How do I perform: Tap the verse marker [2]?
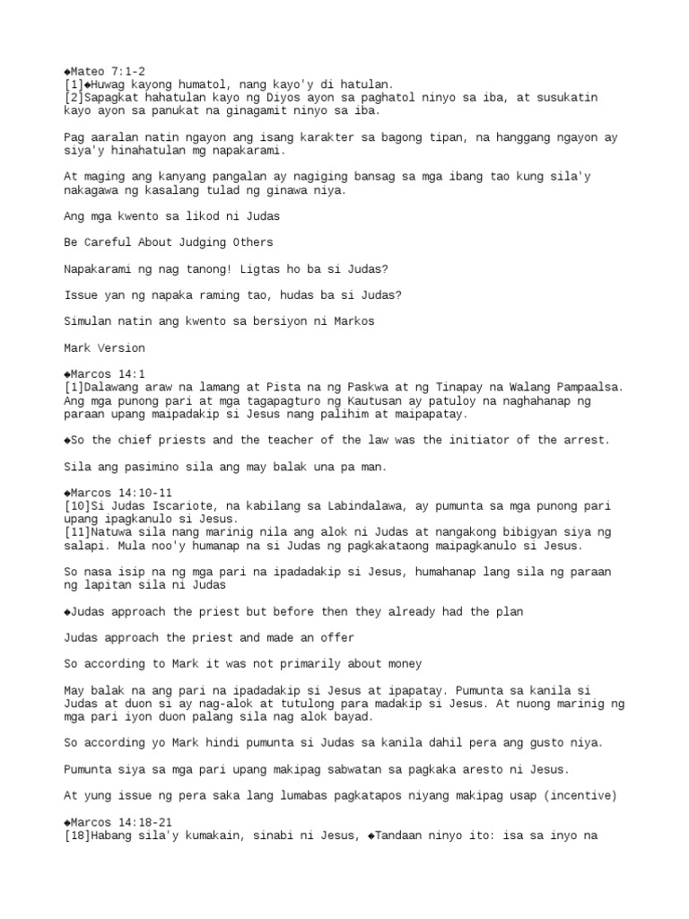coord(74,97)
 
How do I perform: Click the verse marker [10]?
coord(77,506)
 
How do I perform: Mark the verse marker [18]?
coord(77,835)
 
